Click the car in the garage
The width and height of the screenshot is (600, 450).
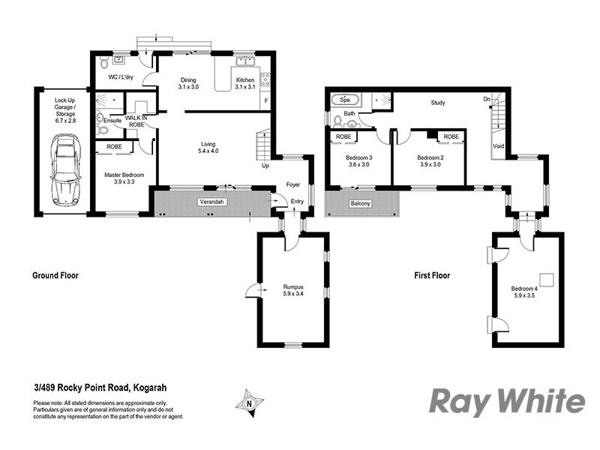point(64,170)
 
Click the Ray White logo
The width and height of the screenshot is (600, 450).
point(506,402)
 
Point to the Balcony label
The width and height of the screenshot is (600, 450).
point(361,203)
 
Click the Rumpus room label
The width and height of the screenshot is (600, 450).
point(293,286)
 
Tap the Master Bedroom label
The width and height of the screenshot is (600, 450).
point(123,175)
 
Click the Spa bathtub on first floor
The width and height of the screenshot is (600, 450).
point(346,100)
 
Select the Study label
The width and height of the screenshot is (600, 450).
point(438,103)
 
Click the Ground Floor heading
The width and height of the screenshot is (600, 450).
point(55,275)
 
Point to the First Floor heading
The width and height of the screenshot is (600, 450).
point(432,276)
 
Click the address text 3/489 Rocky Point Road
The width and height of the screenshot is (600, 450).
point(100,388)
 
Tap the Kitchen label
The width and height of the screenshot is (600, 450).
point(246,80)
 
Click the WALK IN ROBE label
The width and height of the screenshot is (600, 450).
point(136,121)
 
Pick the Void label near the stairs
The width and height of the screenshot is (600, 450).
point(498,145)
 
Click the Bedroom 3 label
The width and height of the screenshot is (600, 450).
point(358,157)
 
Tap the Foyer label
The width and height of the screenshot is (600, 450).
point(292,184)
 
